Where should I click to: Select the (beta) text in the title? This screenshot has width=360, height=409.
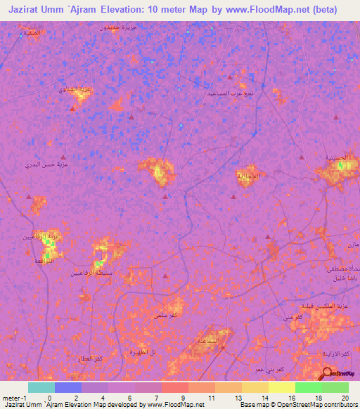tap(324, 10)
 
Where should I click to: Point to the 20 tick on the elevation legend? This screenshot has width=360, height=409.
tap(345, 397)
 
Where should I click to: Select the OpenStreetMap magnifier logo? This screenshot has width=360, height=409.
tap(328, 372)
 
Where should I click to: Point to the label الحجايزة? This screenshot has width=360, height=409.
tap(248, 175)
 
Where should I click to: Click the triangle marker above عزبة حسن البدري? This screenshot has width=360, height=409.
tap(64, 157)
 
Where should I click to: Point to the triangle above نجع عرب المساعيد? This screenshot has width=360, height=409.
tap(229, 77)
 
